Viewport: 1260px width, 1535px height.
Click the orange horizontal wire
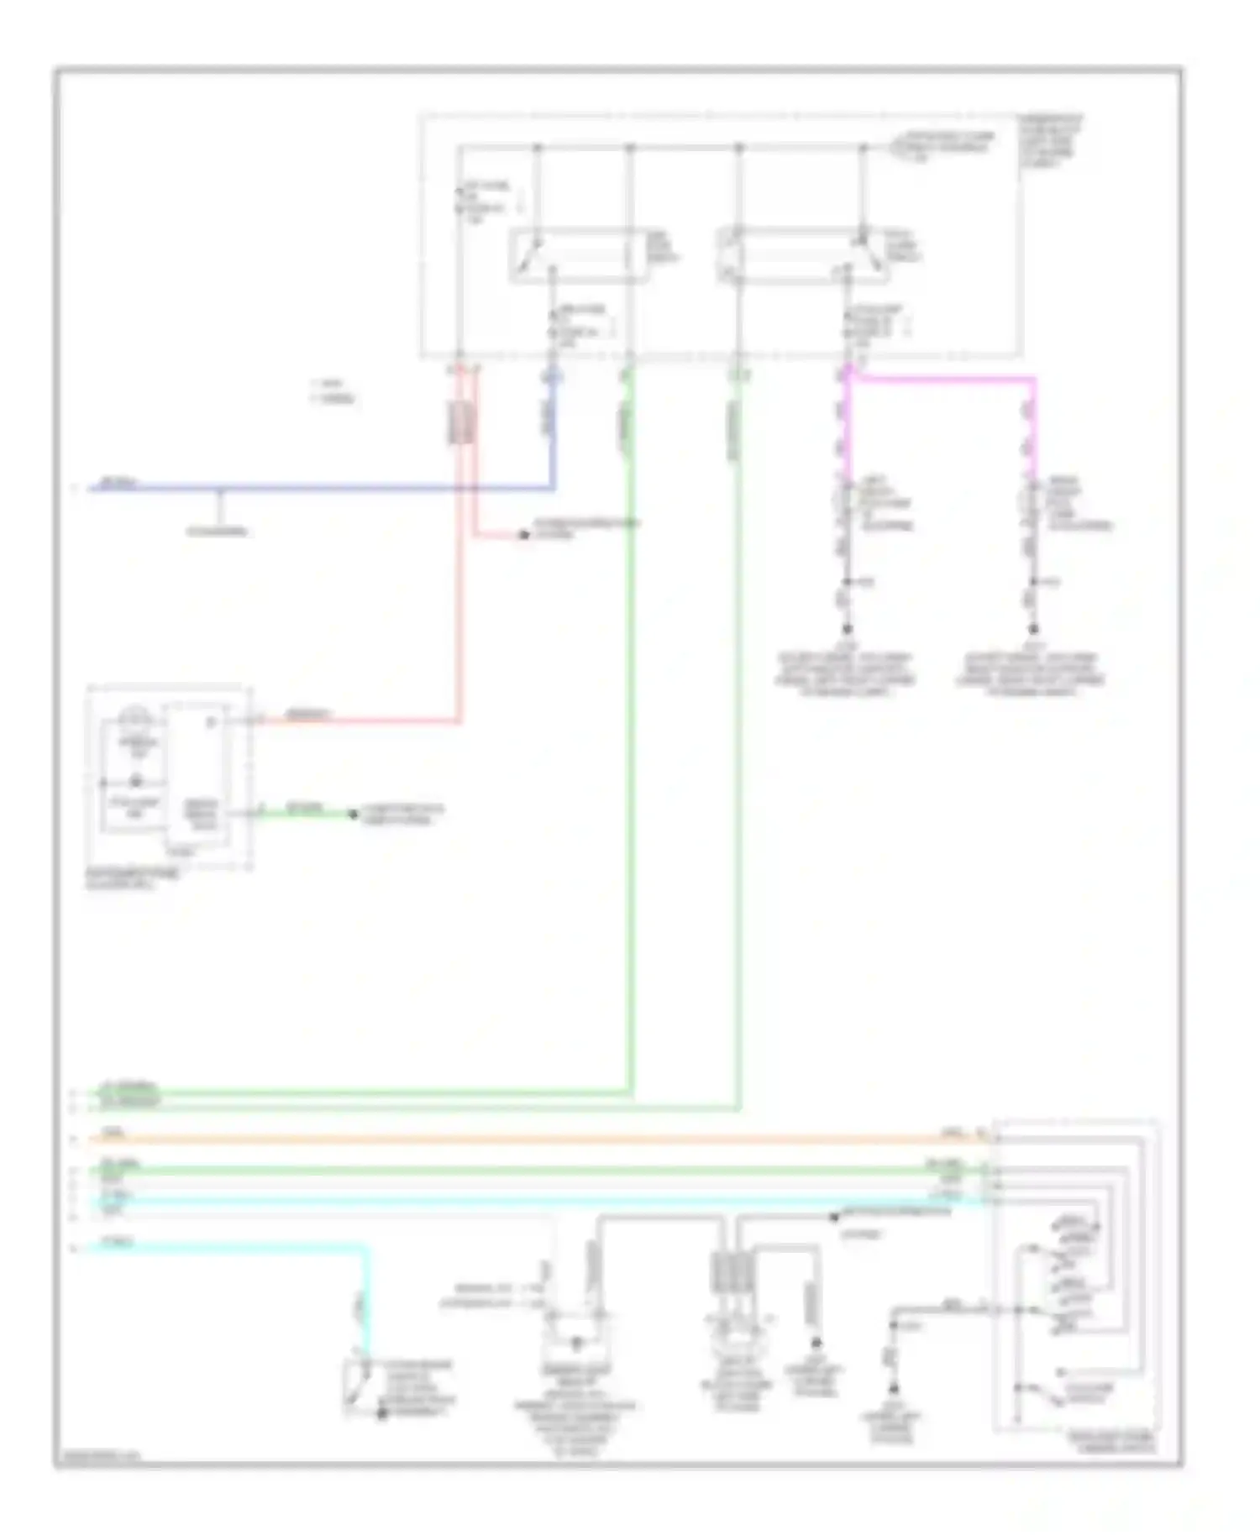[538, 1139]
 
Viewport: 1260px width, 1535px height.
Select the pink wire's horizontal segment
[941, 379]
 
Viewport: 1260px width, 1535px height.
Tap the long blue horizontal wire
[336, 488]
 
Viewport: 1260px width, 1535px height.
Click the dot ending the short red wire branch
[522, 534]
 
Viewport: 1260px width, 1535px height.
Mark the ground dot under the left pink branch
[847, 628]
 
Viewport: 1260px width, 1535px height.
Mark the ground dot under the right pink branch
[1034, 628]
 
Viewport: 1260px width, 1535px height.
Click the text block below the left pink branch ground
[846, 675]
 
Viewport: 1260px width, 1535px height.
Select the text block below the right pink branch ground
[1032, 675]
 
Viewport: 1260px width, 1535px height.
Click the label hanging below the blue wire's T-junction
[218, 532]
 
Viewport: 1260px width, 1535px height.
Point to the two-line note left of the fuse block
[333, 393]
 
